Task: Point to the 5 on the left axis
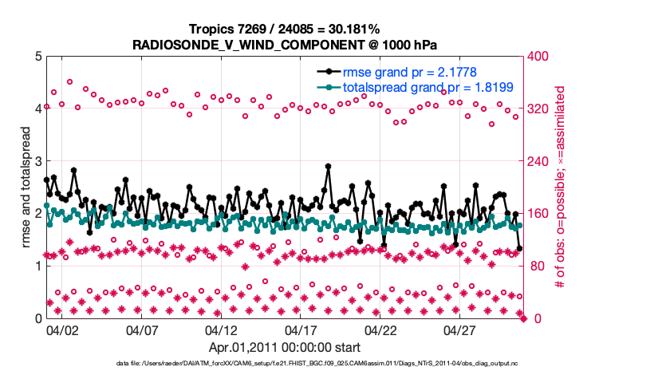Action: [37, 57]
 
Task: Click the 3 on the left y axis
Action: [37, 162]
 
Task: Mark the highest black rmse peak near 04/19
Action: [328, 167]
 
